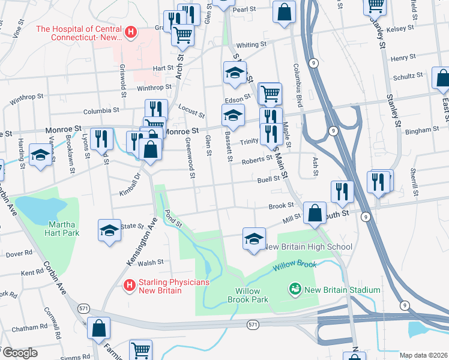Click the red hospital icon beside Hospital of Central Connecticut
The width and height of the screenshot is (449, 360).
[131, 31]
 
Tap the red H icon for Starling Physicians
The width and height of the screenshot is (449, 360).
[128, 285]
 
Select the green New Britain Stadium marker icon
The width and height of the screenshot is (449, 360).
[295, 290]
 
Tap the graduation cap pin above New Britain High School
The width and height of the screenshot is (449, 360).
[255, 239]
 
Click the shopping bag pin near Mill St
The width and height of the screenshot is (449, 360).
[315, 213]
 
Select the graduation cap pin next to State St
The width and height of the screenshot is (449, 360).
[109, 231]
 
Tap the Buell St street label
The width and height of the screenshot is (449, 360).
[269, 179]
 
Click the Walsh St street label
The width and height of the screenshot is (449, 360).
[151, 262]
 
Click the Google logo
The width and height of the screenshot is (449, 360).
[19, 353]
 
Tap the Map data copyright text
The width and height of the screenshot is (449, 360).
[423, 355]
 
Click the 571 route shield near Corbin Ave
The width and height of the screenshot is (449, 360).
[82, 308]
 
